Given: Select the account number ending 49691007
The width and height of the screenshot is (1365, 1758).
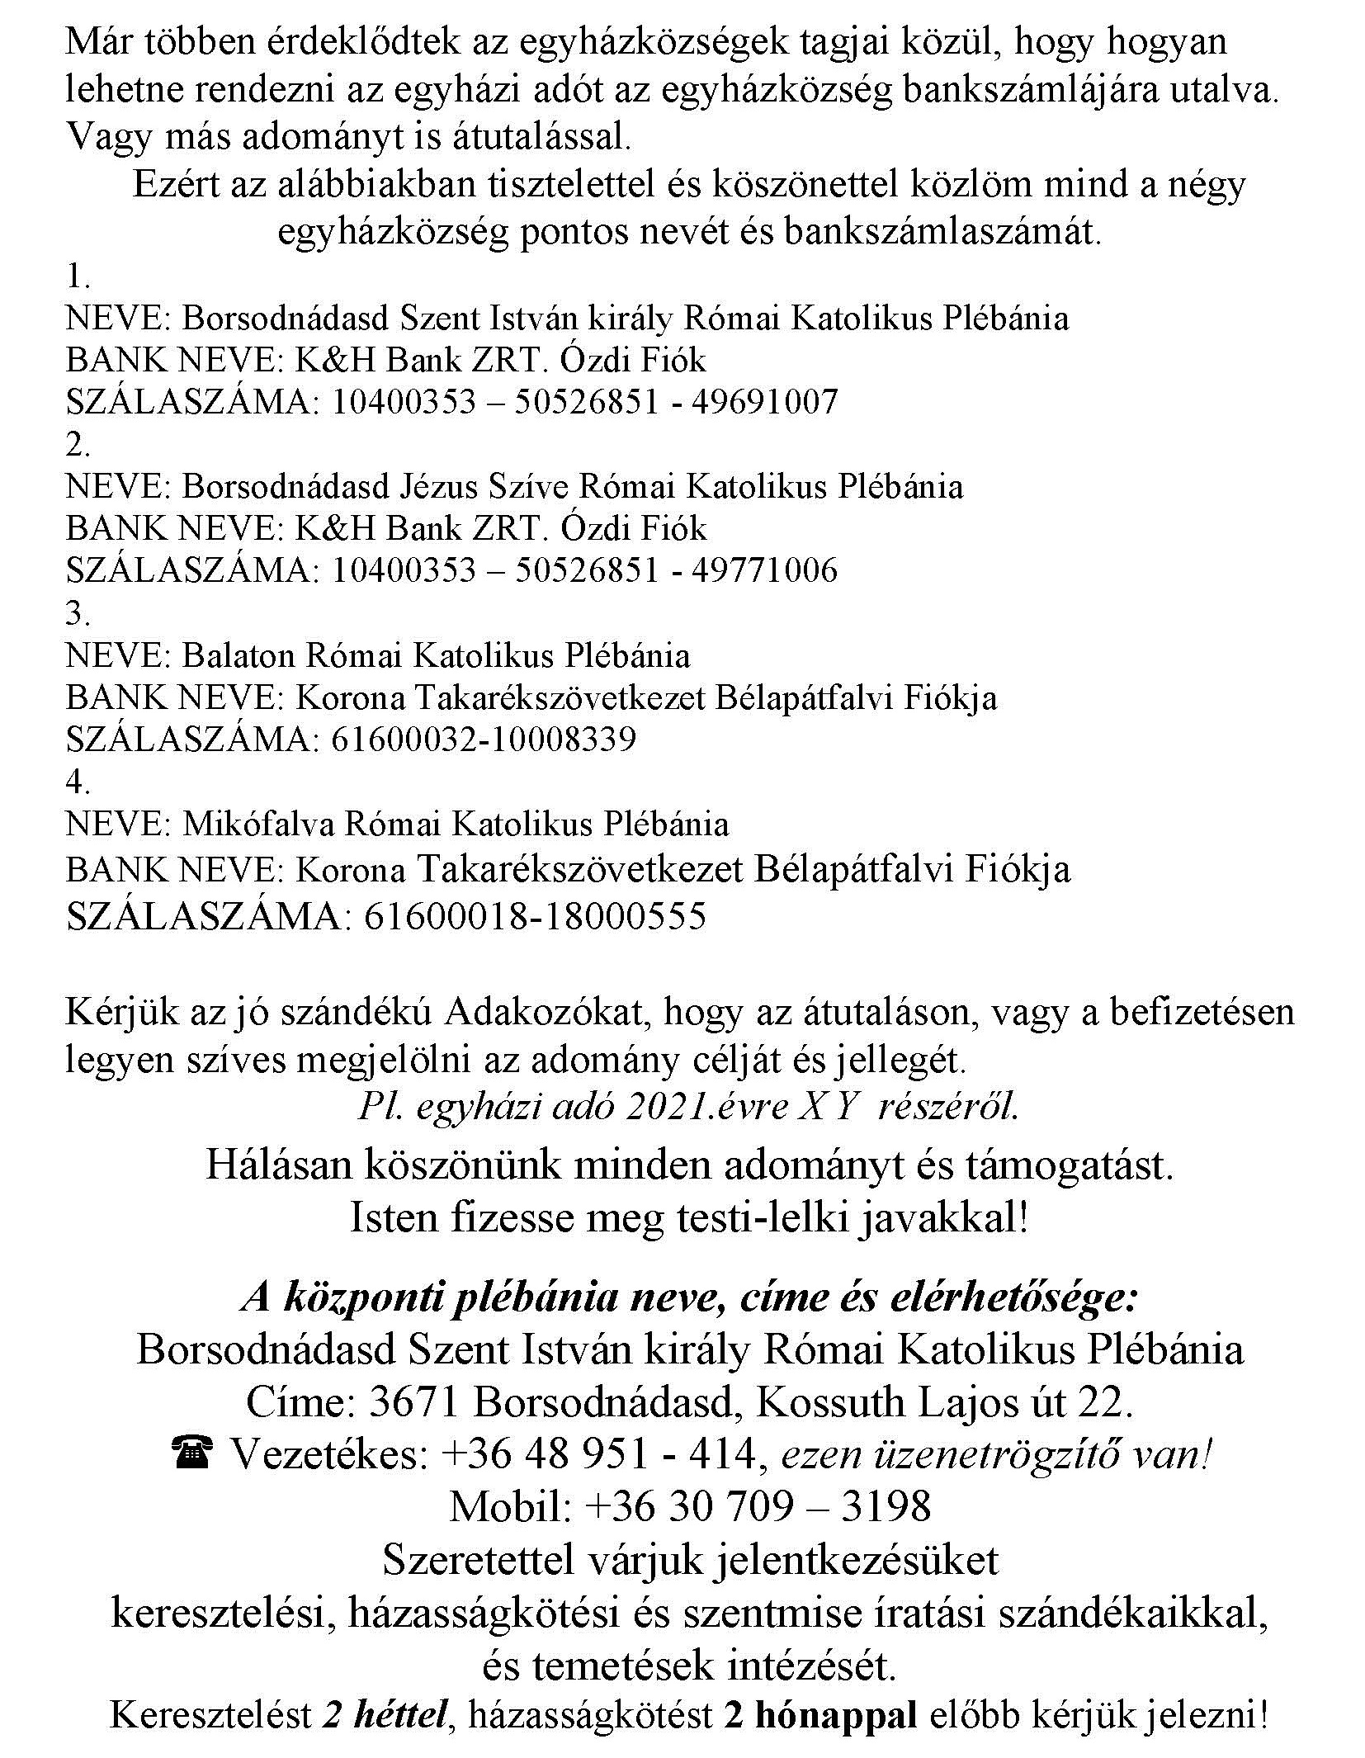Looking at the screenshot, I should click(x=584, y=402).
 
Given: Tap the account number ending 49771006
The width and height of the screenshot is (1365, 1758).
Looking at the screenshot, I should click(x=584, y=570).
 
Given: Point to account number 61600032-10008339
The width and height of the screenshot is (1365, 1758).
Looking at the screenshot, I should click(x=484, y=740).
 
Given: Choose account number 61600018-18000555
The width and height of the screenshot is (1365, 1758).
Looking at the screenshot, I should click(x=534, y=916).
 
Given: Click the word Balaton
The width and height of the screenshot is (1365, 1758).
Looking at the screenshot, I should click(x=238, y=655).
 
